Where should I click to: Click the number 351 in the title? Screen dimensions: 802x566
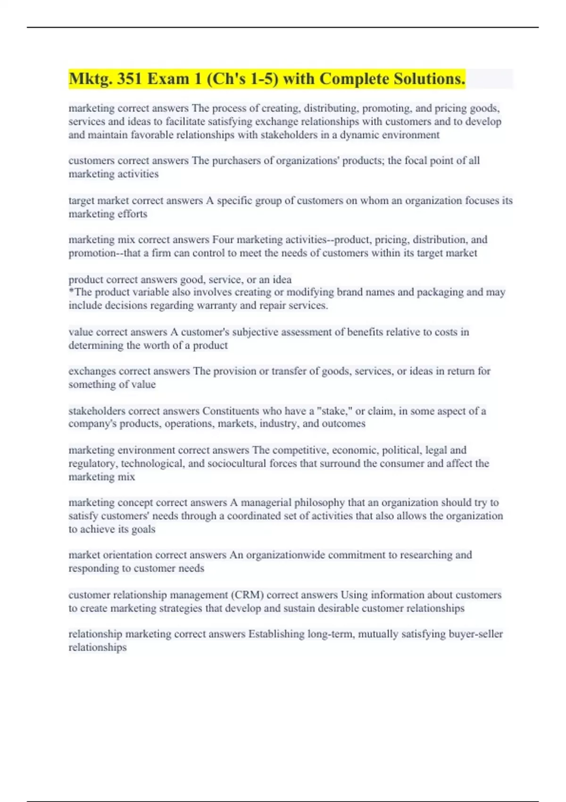129,79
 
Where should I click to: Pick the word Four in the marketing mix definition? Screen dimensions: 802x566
223,240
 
